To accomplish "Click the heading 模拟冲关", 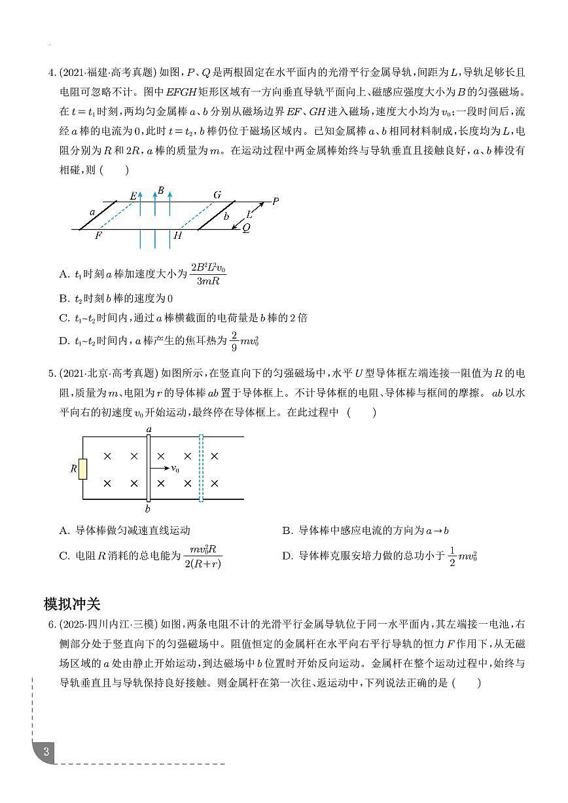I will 71,603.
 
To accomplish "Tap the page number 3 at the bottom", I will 46,751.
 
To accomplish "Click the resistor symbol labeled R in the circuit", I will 82,469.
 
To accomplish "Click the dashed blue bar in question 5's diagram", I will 201,469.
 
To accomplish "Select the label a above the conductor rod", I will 149,429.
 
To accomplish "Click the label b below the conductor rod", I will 148,509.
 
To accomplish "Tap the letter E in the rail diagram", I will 133,195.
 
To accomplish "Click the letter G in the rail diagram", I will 217,194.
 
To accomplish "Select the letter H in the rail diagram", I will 177,236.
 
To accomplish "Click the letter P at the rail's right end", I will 275,201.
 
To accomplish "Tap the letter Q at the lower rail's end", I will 246,228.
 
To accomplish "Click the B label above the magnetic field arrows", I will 160,190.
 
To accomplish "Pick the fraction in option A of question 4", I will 208,275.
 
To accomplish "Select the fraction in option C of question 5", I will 203,556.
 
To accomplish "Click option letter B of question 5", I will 287,531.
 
